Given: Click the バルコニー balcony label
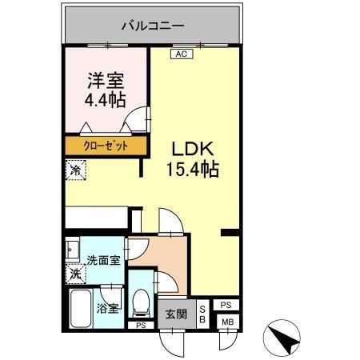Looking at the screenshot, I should [152, 26].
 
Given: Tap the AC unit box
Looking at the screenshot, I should [181, 54].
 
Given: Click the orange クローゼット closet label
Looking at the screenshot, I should [106, 146].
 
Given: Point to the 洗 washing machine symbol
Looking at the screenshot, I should [74, 274].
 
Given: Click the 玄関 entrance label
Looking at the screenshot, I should [176, 314].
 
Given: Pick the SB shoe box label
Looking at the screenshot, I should [202, 314].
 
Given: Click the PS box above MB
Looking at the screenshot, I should [226, 305].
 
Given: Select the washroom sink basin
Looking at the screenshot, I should [71, 249].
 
